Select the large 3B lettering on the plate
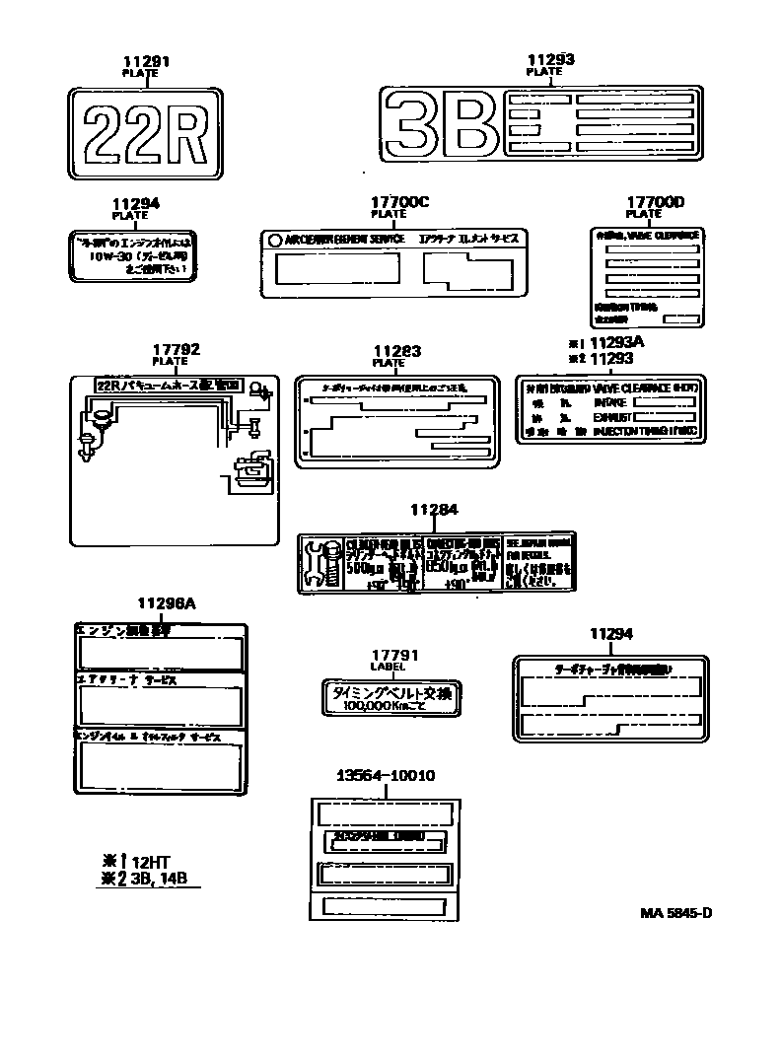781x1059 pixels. pos(440,123)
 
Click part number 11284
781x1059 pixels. pos(435,510)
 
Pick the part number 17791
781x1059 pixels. pos(395,655)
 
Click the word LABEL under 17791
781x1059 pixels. pos(395,667)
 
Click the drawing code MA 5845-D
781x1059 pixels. pos(675,912)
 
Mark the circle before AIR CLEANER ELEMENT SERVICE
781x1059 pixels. pos(273,240)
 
